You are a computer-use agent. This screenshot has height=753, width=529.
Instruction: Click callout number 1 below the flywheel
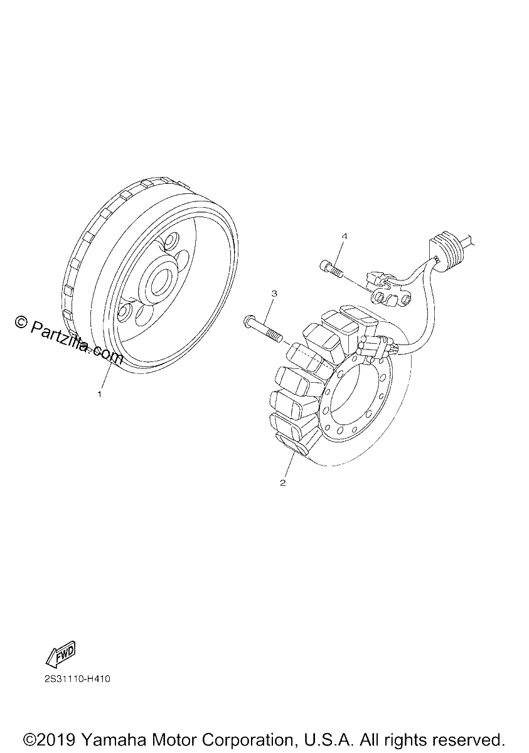click(x=100, y=394)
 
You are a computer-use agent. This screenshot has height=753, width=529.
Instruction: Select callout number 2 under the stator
click(x=282, y=483)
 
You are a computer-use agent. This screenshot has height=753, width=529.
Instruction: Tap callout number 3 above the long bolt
click(x=274, y=294)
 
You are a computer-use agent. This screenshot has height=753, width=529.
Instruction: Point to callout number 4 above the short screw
click(x=344, y=237)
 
